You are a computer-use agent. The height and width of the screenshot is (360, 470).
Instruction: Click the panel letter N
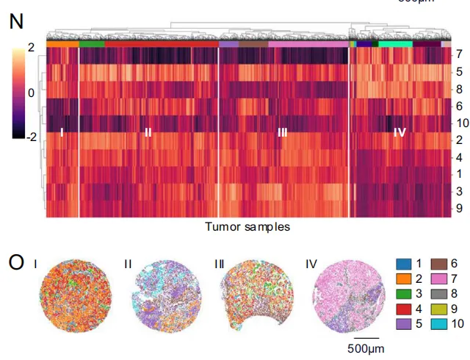[15, 22]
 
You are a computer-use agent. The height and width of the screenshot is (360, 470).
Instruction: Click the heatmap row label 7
[459, 54]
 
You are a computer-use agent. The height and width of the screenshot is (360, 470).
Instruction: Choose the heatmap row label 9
[459, 208]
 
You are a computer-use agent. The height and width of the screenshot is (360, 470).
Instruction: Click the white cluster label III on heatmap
[282, 133]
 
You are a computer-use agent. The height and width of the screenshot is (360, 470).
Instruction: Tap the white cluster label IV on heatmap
[399, 133]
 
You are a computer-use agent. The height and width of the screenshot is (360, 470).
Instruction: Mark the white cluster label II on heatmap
[148, 133]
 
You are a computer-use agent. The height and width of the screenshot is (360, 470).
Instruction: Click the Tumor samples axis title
[247, 227]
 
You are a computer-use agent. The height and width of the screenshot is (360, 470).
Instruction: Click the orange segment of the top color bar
[62, 44]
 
